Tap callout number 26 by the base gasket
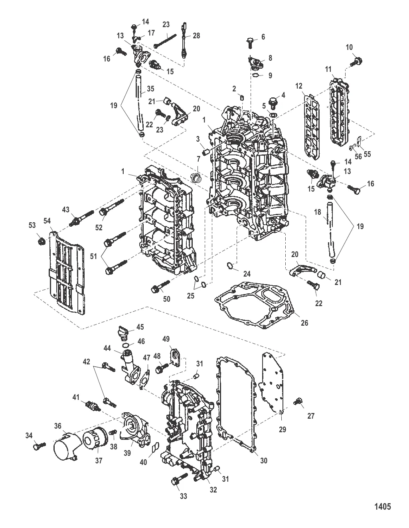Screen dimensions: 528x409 pyautogui.click(x=304, y=323)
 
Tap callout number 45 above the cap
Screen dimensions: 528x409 pyautogui.click(x=140, y=327)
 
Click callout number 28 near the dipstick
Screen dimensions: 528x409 pyautogui.click(x=196, y=36)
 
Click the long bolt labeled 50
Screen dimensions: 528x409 pyautogui.click(x=160, y=286)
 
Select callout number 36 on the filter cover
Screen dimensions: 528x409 pyautogui.click(x=58, y=427)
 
